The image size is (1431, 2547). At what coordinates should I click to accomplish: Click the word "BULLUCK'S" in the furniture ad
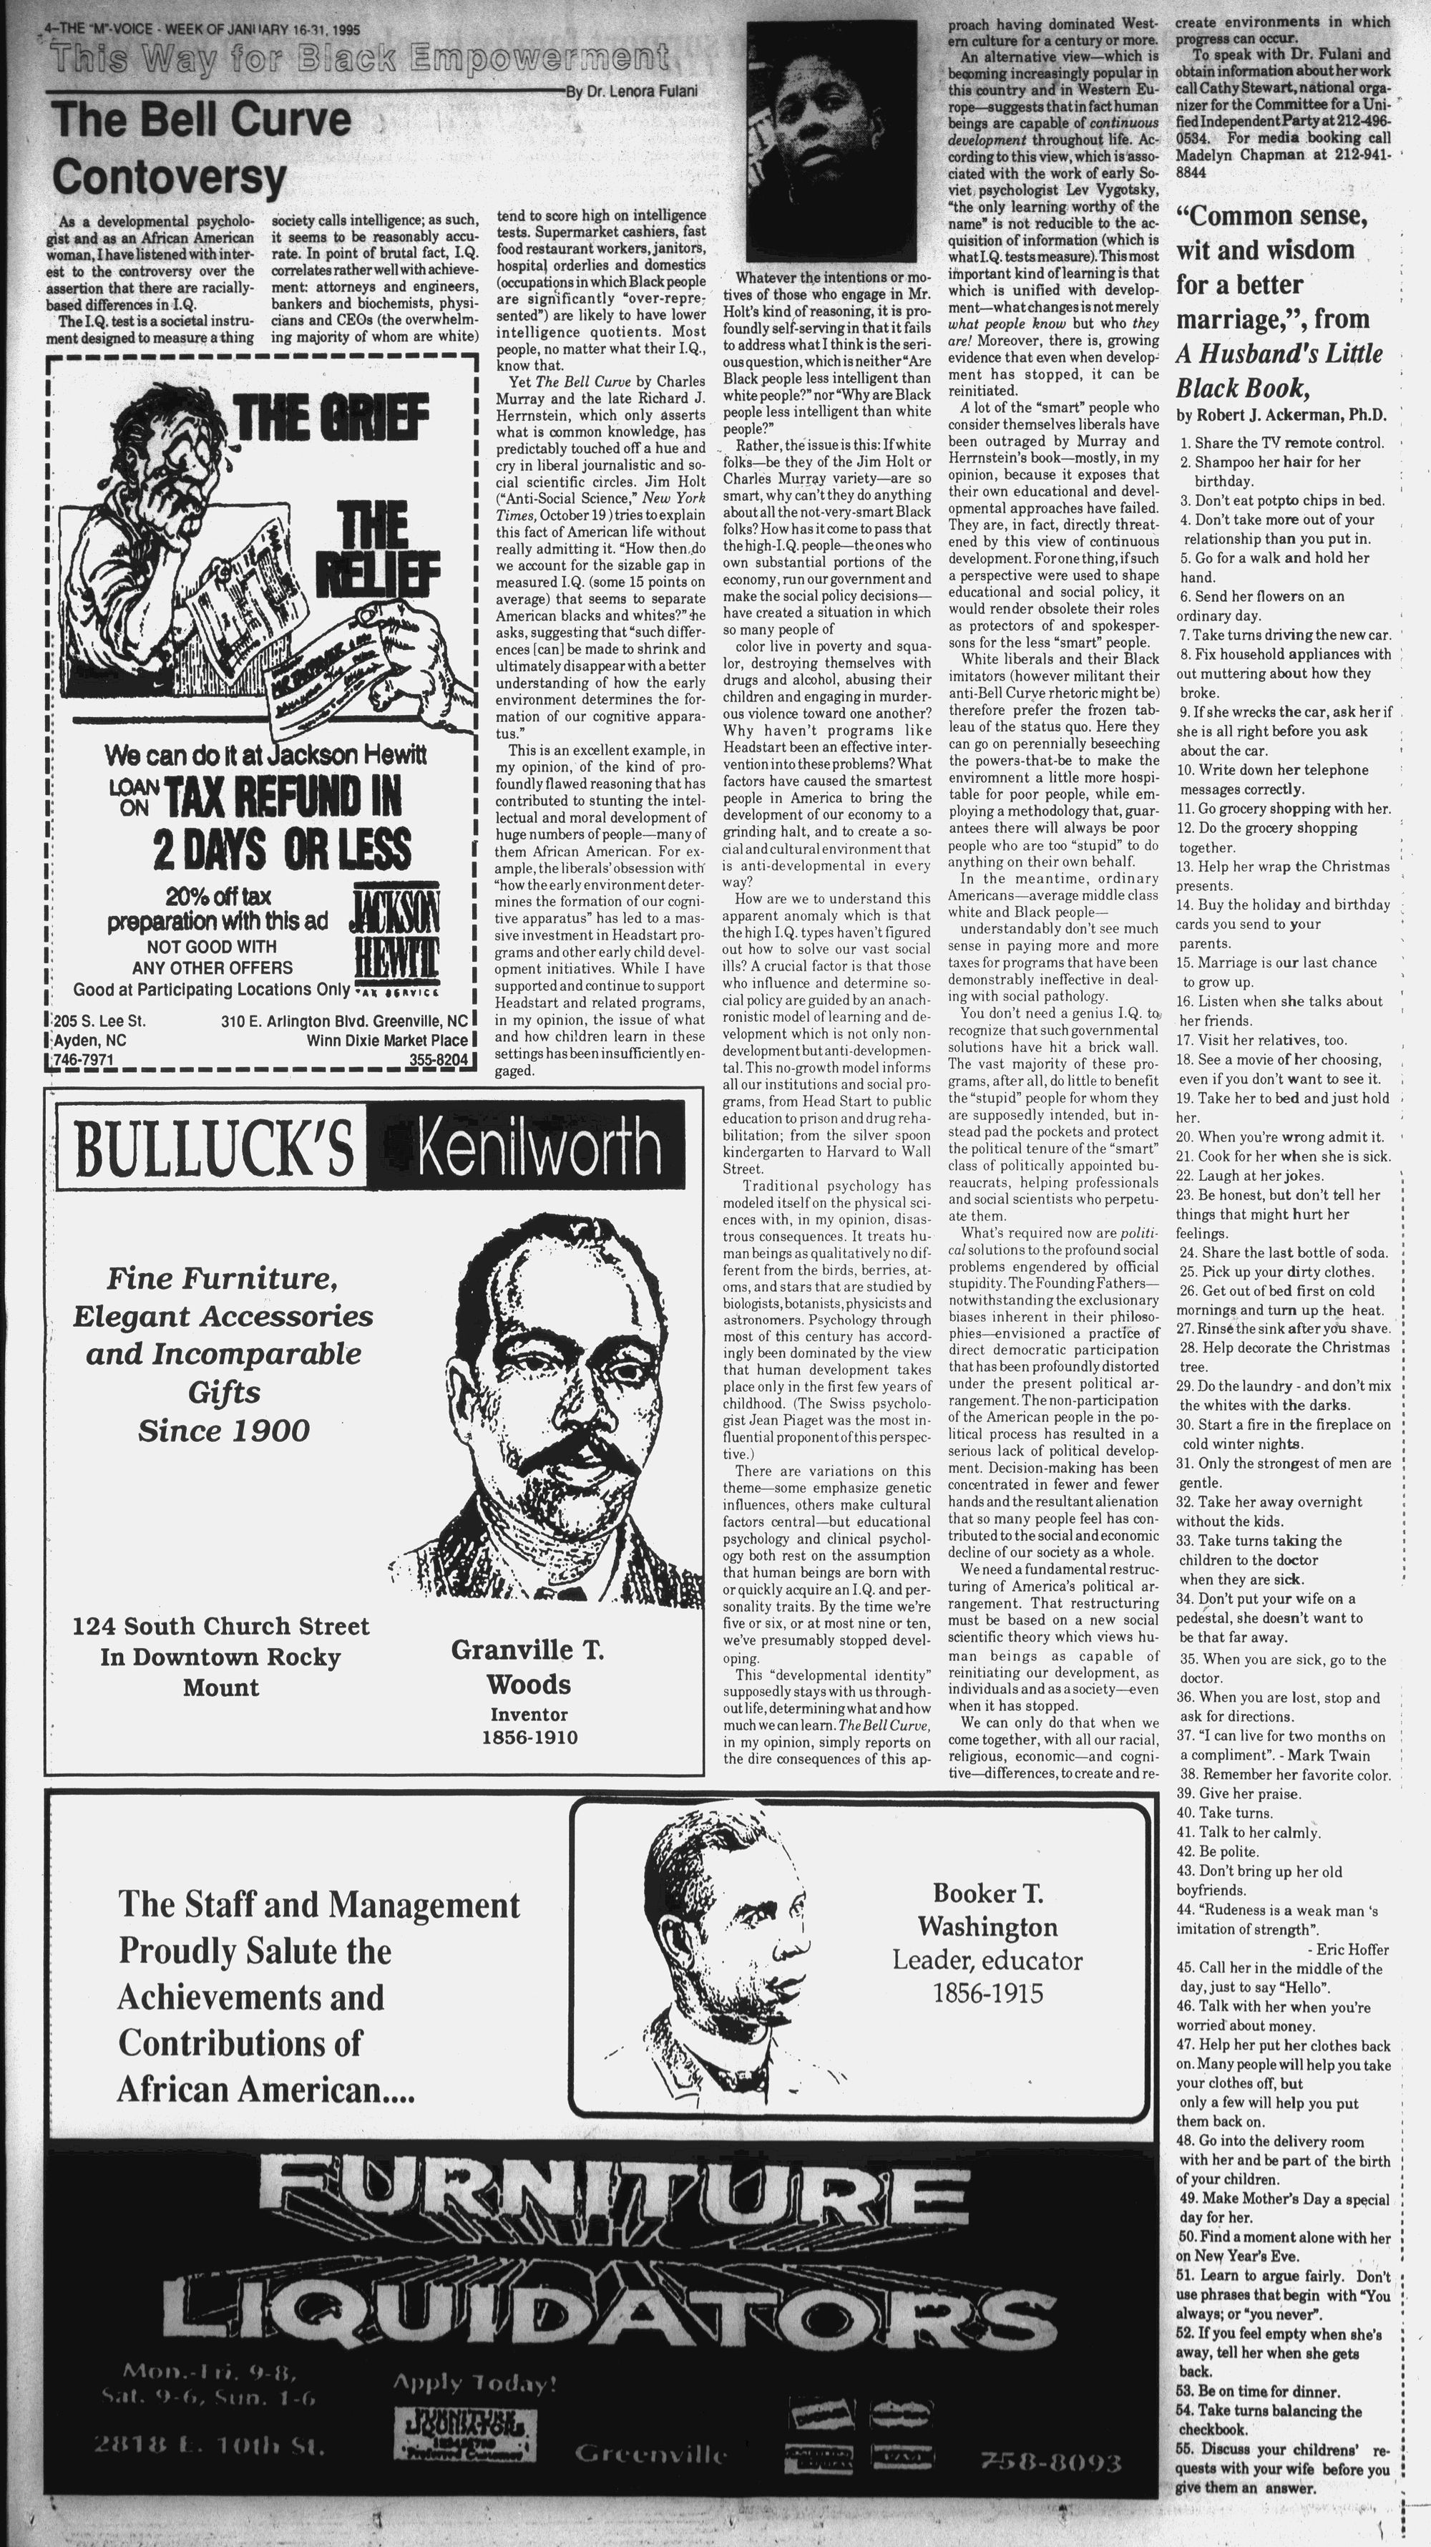[213, 1147]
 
